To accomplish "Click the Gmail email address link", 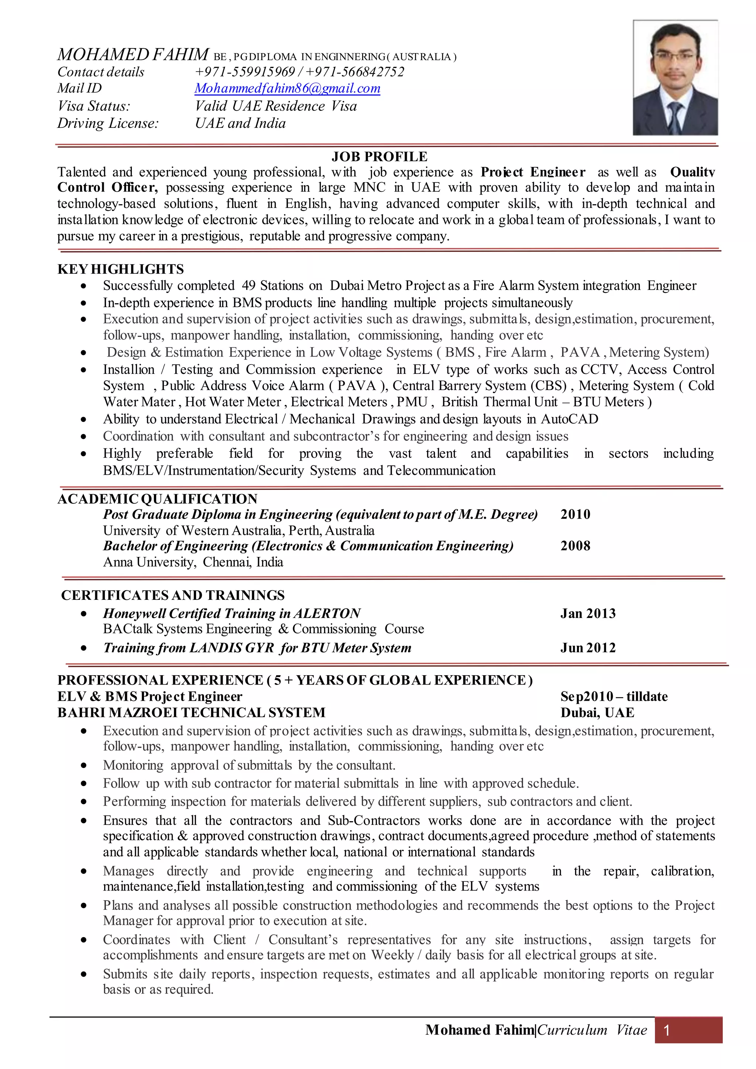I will pyautogui.click(x=287, y=89).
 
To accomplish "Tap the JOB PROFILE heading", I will pyautogui.click(x=379, y=157).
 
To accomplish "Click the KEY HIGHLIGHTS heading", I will pyautogui.click(x=121, y=269).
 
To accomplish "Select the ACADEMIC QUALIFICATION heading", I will pyautogui.click(x=157, y=499).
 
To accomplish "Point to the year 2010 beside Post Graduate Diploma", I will pyautogui.click(x=575, y=514).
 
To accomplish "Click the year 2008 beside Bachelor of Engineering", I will pyautogui.click(x=575, y=546).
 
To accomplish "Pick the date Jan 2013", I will pyautogui.click(x=588, y=614).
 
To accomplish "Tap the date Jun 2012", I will pyautogui.click(x=588, y=648).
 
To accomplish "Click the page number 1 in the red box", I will pyautogui.click(x=667, y=1030).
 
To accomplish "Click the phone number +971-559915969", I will pyautogui.click(x=245, y=72).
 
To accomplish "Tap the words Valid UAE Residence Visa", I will pyautogui.click(x=276, y=106).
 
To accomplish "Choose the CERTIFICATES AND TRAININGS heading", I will pyautogui.click(x=173, y=595).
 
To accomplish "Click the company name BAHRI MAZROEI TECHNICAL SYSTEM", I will pyautogui.click(x=191, y=713).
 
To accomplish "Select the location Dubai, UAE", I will pyautogui.click(x=597, y=713).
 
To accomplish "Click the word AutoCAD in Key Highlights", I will pyautogui.click(x=569, y=419).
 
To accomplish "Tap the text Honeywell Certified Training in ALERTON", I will pyautogui.click(x=232, y=614).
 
